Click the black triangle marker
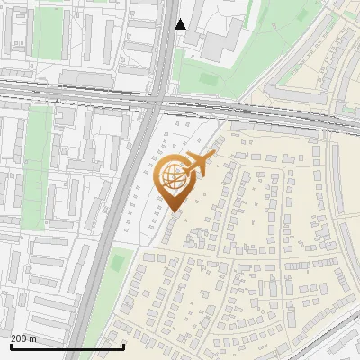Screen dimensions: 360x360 181,24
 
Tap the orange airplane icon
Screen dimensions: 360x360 201,165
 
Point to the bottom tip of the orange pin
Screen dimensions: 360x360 174,211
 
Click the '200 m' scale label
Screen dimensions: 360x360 24,338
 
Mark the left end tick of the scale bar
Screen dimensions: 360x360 10,345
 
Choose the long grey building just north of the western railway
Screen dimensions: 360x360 90,79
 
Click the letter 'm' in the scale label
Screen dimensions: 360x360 33,338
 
